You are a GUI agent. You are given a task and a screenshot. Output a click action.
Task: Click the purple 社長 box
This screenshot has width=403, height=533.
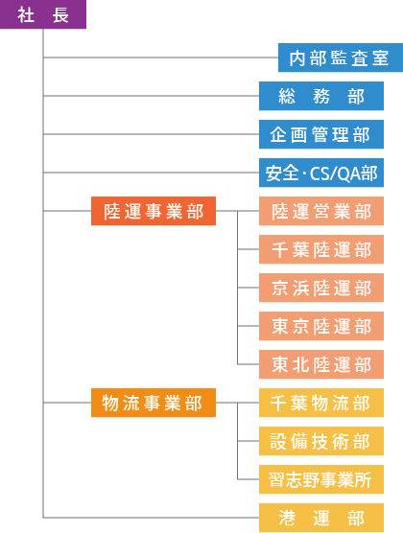tap(43, 14)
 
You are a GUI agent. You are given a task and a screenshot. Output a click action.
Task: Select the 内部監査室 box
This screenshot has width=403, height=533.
tap(341, 58)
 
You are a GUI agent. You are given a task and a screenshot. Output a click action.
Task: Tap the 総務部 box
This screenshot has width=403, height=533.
tap(321, 96)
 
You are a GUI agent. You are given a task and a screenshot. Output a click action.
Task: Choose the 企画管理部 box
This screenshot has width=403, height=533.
tap(321, 134)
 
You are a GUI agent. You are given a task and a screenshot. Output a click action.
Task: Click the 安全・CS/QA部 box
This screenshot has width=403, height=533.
tap(321, 173)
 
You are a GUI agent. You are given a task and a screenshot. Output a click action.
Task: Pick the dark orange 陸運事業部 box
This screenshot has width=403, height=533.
tap(154, 211)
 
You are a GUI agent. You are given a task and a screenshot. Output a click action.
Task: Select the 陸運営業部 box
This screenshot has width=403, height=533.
tap(321, 211)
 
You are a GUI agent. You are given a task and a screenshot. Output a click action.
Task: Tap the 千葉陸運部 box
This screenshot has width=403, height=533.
tap(321, 249)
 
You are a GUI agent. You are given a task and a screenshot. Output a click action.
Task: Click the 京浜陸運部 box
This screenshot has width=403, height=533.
tap(321, 288)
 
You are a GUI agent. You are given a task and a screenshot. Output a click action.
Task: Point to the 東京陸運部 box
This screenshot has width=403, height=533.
tap(321, 326)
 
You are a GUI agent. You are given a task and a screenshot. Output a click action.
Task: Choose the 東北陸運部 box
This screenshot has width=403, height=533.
tap(321, 364)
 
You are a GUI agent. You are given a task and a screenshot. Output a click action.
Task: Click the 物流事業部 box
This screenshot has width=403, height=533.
tap(154, 403)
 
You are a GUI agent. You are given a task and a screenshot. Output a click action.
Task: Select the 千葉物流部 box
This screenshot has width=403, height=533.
tap(321, 403)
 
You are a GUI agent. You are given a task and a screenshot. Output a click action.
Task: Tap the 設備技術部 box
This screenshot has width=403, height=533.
tap(321, 441)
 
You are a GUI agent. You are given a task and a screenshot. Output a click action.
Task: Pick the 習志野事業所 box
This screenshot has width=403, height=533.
tap(321, 479)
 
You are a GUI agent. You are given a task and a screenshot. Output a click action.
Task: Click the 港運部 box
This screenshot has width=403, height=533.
tap(321, 518)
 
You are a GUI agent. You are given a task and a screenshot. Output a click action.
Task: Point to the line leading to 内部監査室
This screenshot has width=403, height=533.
tap(160, 58)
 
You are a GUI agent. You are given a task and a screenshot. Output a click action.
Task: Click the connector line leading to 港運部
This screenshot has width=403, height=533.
tap(152, 518)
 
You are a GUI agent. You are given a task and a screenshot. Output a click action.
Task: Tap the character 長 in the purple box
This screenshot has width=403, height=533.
tap(60, 15)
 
